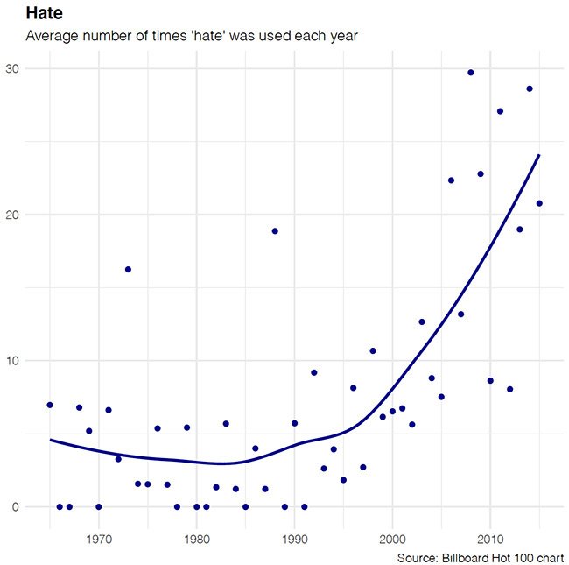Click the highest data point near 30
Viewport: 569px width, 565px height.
click(x=471, y=73)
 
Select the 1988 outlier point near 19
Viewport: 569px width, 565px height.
click(x=275, y=230)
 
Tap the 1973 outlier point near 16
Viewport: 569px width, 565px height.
click(x=128, y=269)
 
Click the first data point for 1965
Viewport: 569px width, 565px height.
click(x=50, y=405)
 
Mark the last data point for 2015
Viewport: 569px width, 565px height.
click(x=539, y=203)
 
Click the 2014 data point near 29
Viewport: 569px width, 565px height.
click(x=530, y=88)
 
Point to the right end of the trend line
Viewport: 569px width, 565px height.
click(x=539, y=155)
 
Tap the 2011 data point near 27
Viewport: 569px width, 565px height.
click(x=500, y=111)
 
